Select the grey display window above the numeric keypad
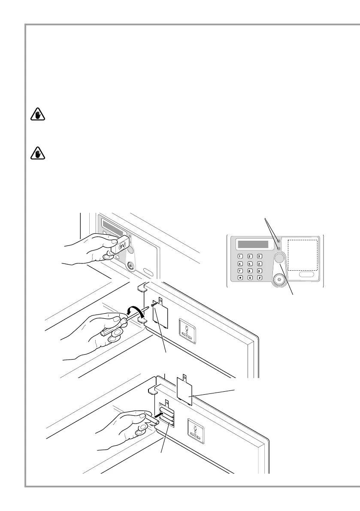[253, 245]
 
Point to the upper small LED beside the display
[278, 242]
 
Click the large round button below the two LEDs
[279, 258]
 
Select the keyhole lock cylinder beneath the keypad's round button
[280, 279]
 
